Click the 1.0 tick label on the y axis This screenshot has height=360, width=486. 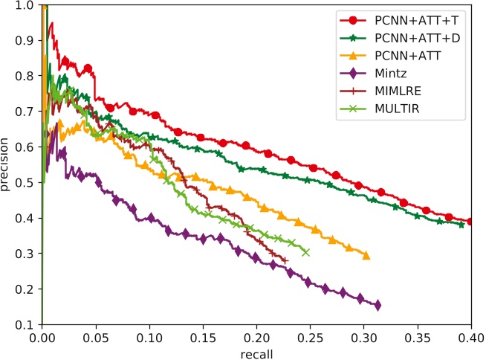[27, 5]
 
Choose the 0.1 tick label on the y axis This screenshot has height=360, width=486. [27, 325]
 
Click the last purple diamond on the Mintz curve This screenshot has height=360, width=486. [378, 305]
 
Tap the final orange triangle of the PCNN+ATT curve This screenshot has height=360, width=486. [366, 256]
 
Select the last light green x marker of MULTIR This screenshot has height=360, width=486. [305, 252]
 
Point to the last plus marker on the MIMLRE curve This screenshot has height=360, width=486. [285, 260]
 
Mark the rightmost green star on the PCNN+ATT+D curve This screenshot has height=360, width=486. [461, 225]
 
